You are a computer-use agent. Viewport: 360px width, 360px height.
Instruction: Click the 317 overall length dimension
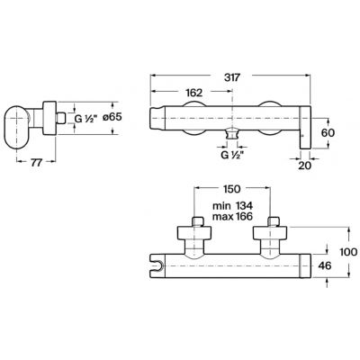(x=232, y=77)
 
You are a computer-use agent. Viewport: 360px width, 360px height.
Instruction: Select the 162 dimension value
(x=194, y=93)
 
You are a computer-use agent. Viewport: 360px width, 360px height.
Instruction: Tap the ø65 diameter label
(x=112, y=117)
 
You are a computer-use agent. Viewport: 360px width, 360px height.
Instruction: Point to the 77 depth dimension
(x=36, y=163)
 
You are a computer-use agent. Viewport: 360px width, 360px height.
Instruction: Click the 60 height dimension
(x=328, y=132)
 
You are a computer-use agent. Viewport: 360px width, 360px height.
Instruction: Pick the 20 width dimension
(x=305, y=166)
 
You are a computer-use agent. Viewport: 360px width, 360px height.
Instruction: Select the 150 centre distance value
(x=232, y=189)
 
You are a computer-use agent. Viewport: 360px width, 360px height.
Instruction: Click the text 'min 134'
(x=233, y=206)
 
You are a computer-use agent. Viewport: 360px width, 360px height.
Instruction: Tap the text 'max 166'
(x=233, y=216)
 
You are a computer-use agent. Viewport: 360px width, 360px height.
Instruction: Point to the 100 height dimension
(x=348, y=252)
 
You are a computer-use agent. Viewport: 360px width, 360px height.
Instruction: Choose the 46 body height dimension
(x=324, y=265)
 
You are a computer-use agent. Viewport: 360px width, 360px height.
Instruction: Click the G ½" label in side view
(x=86, y=119)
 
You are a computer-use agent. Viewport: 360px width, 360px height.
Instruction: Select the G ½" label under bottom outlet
(x=232, y=156)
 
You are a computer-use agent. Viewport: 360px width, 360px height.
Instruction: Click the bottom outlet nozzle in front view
(x=232, y=134)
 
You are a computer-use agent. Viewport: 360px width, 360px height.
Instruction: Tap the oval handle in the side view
(x=17, y=127)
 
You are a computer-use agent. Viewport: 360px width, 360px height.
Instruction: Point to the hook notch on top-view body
(x=158, y=265)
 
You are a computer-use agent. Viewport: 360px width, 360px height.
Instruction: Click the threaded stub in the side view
(x=61, y=118)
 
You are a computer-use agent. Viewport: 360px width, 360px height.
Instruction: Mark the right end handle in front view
(x=305, y=127)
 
